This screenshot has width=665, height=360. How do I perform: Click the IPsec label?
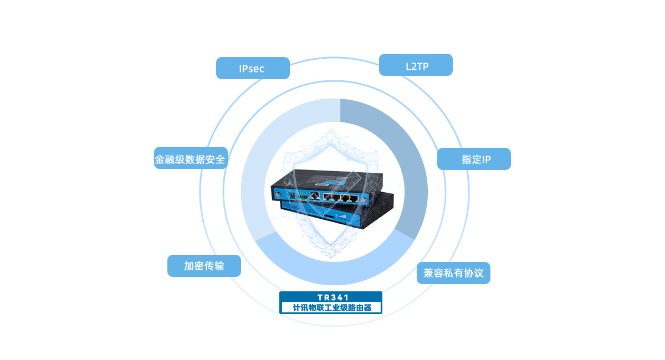coord(252,69)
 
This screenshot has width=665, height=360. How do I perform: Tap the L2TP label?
coord(416,66)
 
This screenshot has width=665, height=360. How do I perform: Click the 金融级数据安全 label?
coord(190,160)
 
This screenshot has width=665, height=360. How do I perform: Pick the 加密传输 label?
coord(204,266)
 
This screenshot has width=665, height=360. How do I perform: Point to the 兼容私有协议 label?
coord(453,273)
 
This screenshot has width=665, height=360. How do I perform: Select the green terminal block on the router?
coord(303,196)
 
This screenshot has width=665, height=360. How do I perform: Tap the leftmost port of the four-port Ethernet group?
coord(327,197)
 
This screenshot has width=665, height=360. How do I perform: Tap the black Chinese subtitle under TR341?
coord(330,307)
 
